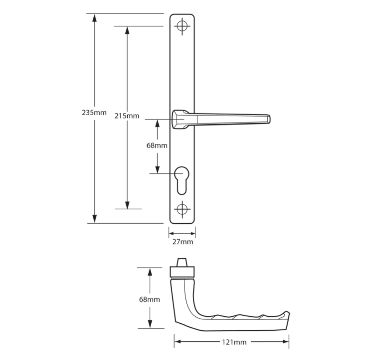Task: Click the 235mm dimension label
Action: [94, 112]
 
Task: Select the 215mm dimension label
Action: [127, 116]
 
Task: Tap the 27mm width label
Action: [183, 242]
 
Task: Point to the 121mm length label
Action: [234, 342]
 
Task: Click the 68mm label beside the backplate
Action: [157, 146]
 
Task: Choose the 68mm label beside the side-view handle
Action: [149, 299]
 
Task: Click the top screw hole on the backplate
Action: [182, 26]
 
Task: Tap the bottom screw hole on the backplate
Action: [182, 209]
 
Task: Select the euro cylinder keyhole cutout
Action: [182, 180]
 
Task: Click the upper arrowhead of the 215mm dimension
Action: [127, 30]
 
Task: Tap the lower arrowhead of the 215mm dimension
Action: [127, 205]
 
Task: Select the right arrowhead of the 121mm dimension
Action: [286, 342]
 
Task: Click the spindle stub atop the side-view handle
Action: [182, 262]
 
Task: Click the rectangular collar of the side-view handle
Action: [182, 272]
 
